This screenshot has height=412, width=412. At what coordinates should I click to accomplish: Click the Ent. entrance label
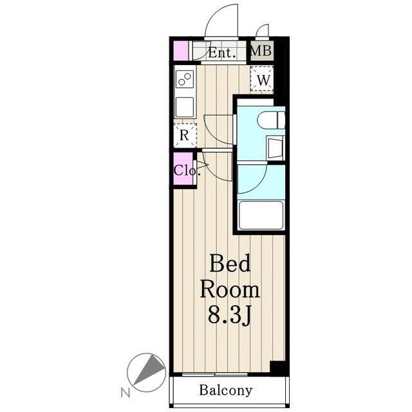pyautogui.click(x=221, y=53)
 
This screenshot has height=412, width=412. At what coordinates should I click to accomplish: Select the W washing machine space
pyautogui.click(x=262, y=79)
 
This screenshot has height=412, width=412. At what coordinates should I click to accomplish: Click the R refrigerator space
pyautogui.click(x=185, y=135)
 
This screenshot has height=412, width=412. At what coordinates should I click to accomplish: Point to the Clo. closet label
pyautogui.click(x=187, y=170)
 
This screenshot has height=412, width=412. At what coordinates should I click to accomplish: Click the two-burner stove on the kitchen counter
pyautogui.click(x=185, y=79)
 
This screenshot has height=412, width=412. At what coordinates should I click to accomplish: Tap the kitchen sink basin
pyautogui.click(x=185, y=107)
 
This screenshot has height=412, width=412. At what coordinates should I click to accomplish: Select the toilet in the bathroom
pyautogui.click(x=271, y=120)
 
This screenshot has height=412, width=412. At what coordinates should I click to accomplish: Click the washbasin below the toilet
pyautogui.click(x=276, y=148)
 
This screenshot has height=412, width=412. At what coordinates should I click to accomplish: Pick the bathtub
pyautogui.click(x=261, y=215)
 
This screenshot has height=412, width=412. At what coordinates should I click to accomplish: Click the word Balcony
pyautogui.click(x=226, y=390)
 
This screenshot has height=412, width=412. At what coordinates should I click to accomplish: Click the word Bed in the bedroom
pyautogui.click(x=230, y=263)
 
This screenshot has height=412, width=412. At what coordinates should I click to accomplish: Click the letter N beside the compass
pyautogui.click(x=126, y=393)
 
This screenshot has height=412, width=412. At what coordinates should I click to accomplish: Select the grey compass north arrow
pyautogui.click(x=149, y=371)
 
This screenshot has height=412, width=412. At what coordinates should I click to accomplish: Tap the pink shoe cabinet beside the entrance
pyautogui.click(x=181, y=51)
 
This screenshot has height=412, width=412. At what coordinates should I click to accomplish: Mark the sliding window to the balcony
pyautogui.click(x=214, y=374)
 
